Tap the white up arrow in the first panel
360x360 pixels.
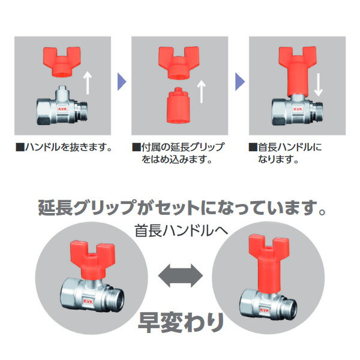pos(88,83)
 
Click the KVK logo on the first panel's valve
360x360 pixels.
pos(62,109)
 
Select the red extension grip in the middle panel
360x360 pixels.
pos(178,105)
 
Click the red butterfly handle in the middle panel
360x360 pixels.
pos(179,62)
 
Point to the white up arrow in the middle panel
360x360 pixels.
pos(202,91)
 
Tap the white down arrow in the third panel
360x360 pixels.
pos(319,85)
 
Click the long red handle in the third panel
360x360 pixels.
pos(298,71)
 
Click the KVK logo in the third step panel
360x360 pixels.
pos(298,109)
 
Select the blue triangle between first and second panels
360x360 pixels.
pos(122,82)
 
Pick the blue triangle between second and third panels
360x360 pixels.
pos(239,82)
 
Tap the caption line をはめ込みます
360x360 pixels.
pos(176,160)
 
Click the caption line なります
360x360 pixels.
pos(278,160)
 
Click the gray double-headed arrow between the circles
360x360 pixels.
pos(181,276)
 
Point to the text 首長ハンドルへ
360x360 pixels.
pos(181,230)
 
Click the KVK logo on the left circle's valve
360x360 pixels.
pos(88,301)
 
